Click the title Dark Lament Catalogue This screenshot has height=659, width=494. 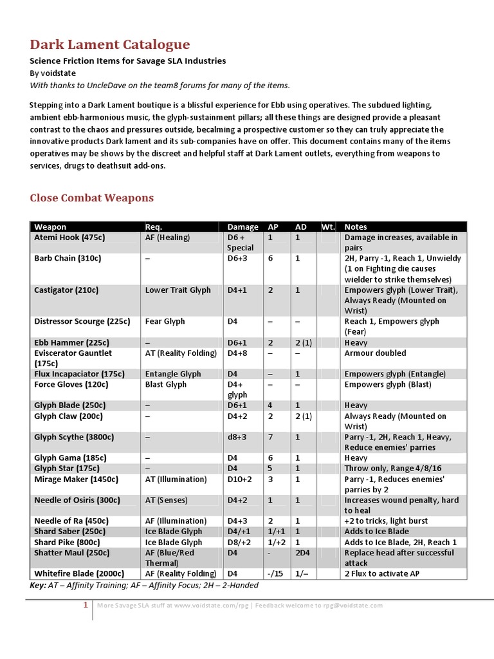coord(109,44)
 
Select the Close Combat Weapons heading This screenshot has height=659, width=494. coord(91,198)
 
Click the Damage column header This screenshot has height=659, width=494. coord(242,227)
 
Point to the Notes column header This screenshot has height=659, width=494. coord(356,227)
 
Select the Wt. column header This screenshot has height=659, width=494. coord(328,227)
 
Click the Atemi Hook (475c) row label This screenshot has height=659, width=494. coord(69,237)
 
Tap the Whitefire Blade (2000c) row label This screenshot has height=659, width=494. coord(78,573)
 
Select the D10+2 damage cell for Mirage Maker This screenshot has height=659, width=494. coord(241,479)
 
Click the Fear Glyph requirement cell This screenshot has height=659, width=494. coord(165,321)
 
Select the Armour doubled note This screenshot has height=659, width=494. coord(375,353)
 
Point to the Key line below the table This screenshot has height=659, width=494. coord(144,585)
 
